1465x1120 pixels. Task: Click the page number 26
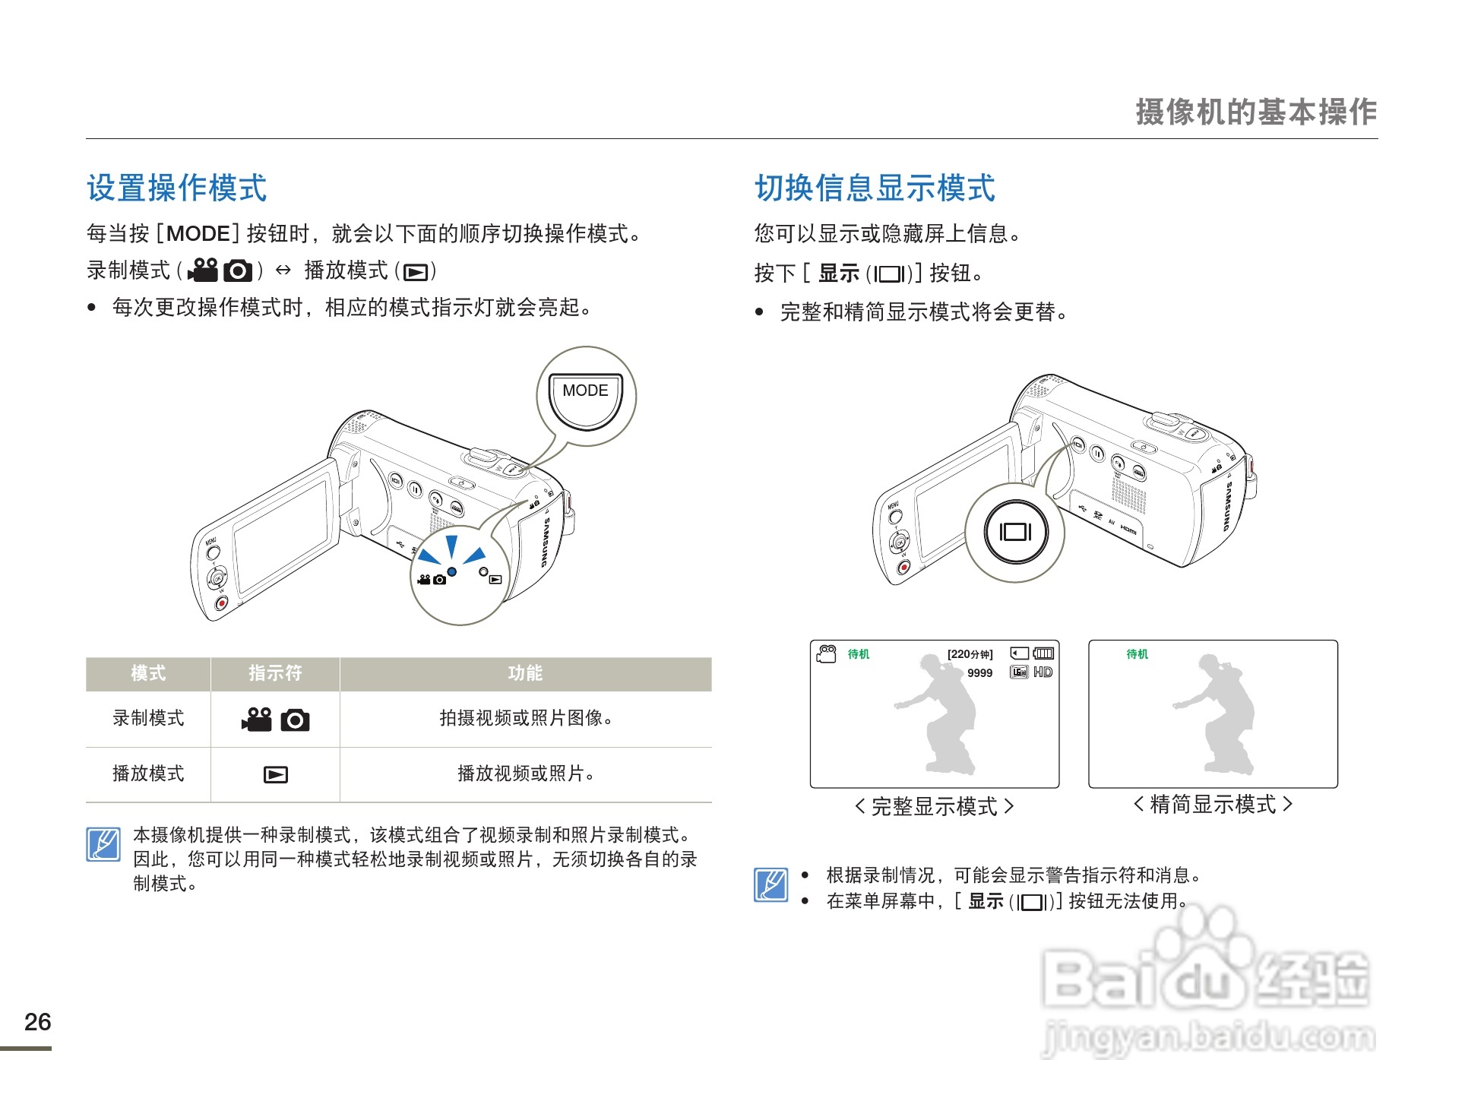point(37,1022)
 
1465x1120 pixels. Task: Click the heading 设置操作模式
point(176,188)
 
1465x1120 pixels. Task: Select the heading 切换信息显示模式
point(874,188)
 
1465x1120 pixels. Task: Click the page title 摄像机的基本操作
point(1255,112)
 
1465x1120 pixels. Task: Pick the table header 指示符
point(275,673)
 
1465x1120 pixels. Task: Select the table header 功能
point(525,673)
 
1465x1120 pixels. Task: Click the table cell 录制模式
point(148,718)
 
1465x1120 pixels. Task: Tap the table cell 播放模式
point(148,774)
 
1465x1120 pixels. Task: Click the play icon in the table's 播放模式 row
point(275,774)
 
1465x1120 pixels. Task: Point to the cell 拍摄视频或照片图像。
point(525,718)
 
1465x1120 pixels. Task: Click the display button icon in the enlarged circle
point(1014,532)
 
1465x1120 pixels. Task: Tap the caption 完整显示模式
point(934,806)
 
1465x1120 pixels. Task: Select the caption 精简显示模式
point(1213,804)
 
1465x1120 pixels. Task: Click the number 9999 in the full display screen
point(979,673)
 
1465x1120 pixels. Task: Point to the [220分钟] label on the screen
point(970,654)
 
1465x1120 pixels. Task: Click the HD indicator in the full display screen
point(1043,672)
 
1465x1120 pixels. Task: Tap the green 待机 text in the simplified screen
point(1137,654)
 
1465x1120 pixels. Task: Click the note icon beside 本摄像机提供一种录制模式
point(103,844)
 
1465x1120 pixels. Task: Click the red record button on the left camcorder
point(221,603)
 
